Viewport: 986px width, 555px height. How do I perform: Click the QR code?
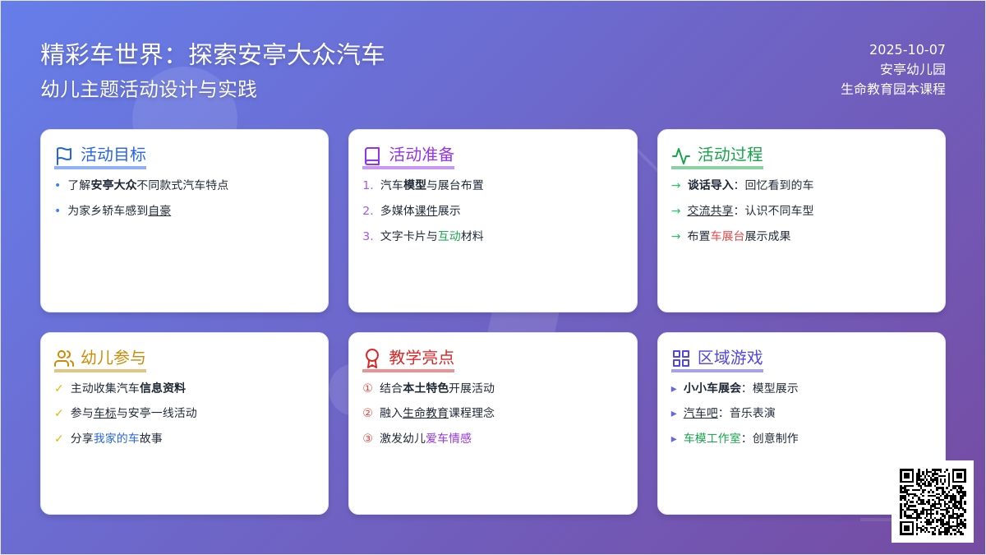933,502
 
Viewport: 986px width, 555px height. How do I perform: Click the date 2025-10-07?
907,49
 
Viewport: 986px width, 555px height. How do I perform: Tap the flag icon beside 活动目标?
64,156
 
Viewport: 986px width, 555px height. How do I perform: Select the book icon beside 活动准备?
372,156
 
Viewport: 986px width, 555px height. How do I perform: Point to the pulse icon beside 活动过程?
680,156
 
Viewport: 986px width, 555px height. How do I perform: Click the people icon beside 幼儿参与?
64,358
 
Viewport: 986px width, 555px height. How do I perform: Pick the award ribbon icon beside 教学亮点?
372,358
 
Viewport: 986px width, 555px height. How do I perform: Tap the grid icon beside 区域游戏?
680,358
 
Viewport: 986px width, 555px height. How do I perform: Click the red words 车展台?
727,236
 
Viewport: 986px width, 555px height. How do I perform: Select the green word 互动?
449,236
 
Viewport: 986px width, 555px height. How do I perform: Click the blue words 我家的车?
116,438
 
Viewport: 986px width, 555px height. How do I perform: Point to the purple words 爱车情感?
449,438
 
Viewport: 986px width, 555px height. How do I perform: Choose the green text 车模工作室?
712,438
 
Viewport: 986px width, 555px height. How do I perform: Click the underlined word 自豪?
159,210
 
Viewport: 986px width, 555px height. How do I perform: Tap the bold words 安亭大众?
113,185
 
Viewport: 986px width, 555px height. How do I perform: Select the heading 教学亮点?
422,357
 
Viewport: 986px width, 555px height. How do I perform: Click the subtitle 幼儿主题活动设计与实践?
149,89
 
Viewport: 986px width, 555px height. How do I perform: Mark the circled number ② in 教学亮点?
367,413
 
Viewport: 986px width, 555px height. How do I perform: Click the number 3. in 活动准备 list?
367,236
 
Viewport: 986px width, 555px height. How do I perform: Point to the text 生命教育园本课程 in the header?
892,89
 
